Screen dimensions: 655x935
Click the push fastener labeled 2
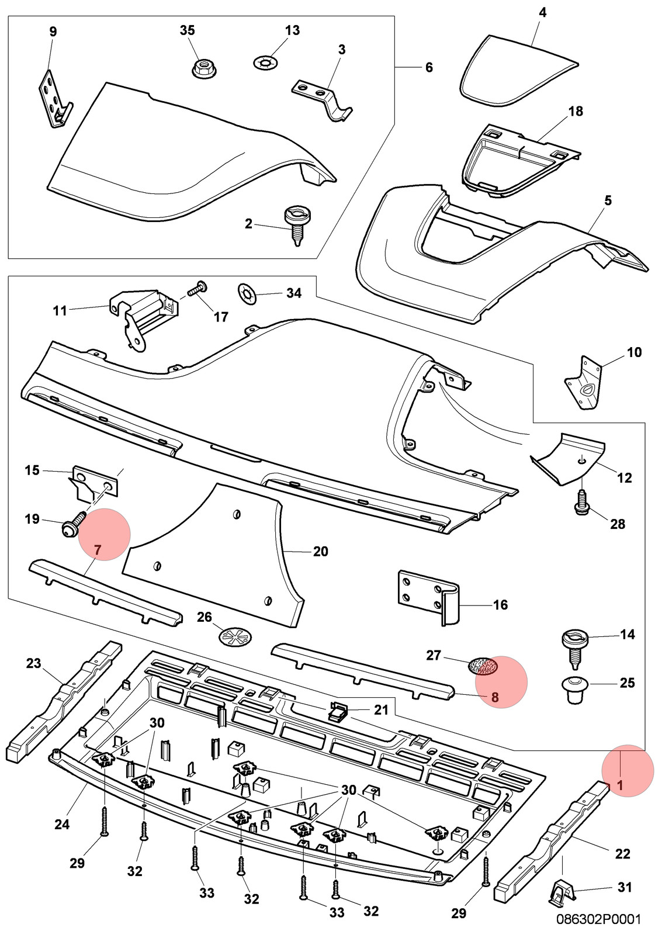[x=296, y=225]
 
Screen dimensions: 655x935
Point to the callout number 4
[x=542, y=12]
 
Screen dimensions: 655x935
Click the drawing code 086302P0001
[x=598, y=919]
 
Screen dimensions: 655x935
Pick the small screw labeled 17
[x=198, y=289]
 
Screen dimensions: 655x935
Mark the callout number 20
[x=321, y=552]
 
